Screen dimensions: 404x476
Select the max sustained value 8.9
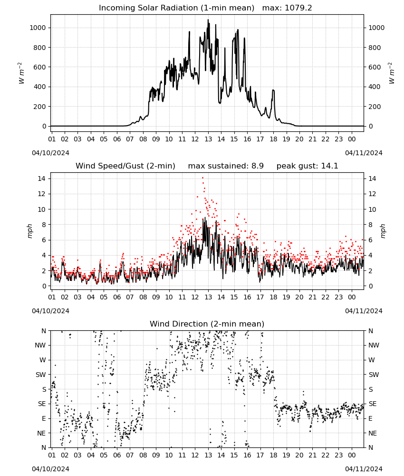coord(257,166)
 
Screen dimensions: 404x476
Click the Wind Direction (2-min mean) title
coord(207,324)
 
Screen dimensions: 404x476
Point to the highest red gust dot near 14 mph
coord(203,178)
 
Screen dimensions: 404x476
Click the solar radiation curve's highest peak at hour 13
coord(208,20)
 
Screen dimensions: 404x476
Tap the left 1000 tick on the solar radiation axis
coord(38,28)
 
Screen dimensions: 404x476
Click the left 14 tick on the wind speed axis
coord(42,178)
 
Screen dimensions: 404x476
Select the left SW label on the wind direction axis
coord(41,375)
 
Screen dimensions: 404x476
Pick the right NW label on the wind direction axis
coord(374,345)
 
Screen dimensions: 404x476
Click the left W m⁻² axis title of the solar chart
coord(21,73)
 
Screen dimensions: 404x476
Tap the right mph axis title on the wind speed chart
coord(383,231)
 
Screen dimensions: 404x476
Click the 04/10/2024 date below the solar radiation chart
coord(50,153)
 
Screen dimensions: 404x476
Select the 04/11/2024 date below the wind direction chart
coord(364,469)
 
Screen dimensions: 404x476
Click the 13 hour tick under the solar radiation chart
coord(208,139)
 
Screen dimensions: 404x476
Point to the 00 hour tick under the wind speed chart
coord(352,297)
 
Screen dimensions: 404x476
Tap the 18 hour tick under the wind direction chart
coord(273,455)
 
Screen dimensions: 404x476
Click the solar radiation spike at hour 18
coord(273,90)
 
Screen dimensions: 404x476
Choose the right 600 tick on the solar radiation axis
coord(375,67)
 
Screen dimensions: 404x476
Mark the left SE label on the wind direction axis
coord(41,404)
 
